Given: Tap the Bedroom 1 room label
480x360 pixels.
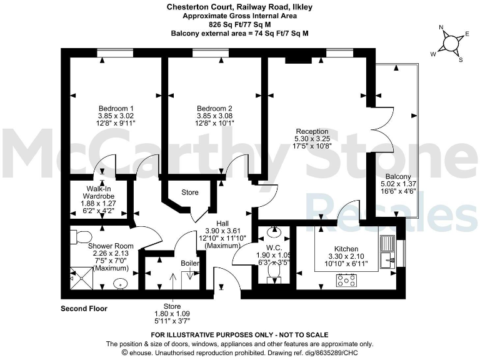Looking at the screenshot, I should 116,108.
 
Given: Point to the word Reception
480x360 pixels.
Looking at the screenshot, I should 312,131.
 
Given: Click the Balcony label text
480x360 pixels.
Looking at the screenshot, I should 398,177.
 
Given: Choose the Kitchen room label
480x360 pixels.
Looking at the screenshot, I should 346,249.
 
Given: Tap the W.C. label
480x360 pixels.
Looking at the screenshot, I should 273,247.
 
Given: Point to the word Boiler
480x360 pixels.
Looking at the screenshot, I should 191,264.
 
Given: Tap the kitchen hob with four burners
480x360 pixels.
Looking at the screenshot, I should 346,281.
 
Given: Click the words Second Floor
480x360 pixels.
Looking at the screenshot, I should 84,309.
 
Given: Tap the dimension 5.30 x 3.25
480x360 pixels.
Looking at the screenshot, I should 312,139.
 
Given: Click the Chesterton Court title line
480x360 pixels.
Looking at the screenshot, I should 239,7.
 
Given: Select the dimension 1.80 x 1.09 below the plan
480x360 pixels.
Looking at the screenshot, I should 172,314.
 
